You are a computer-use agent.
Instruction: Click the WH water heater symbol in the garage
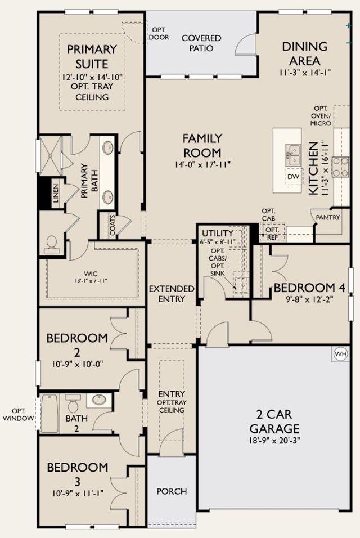[340, 353]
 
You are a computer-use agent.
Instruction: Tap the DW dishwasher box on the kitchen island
[294, 177]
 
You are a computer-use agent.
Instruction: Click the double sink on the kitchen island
[294, 154]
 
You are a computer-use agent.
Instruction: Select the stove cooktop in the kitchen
[340, 167]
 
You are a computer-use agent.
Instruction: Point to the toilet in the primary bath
[52, 245]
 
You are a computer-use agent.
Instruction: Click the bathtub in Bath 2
[49, 413]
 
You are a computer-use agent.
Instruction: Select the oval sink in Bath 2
[99, 400]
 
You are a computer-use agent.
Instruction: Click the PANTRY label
[328, 217]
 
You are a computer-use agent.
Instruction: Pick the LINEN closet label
[56, 193]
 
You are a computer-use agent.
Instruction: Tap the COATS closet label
[113, 225]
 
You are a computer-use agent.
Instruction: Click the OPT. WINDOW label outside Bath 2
[18, 415]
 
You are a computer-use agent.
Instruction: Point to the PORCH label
[172, 491]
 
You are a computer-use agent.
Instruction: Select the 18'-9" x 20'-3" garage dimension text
[274, 440]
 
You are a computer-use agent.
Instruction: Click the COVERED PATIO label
[201, 43]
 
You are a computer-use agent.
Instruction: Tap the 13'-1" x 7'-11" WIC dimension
[91, 281]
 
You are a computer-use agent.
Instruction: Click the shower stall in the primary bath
[51, 155]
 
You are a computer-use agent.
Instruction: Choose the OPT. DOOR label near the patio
[159, 34]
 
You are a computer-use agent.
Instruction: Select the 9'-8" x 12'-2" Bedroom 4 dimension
[310, 299]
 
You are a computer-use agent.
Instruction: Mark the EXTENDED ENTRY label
[172, 294]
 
